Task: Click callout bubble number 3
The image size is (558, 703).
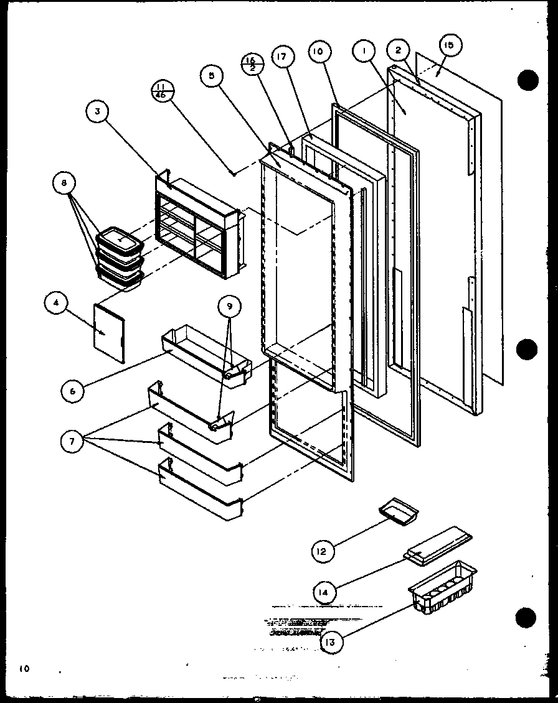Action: (x=97, y=113)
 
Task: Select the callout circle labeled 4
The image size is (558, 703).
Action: (x=55, y=303)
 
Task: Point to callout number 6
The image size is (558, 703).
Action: (x=72, y=391)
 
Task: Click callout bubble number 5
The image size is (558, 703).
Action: (x=211, y=76)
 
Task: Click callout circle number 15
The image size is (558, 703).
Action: (x=450, y=45)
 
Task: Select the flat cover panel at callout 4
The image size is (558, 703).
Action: (x=110, y=333)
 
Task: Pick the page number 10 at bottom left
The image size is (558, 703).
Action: (x=24, y=669)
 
